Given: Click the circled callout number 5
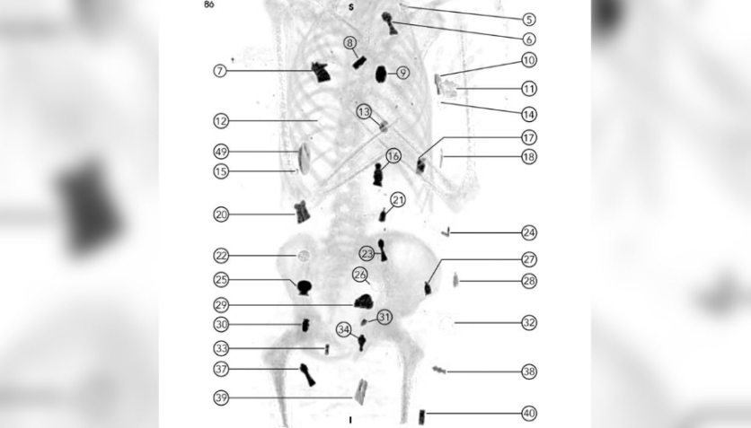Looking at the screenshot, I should tap(529, 19).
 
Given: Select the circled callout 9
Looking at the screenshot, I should tap(402, 73).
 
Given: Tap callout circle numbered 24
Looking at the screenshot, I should tap(529, 233).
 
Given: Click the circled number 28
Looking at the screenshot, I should tap(529, 282).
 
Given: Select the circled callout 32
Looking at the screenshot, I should tap(529, 322).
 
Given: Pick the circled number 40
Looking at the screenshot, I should tap(529, 414).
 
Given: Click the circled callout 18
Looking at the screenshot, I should tap(529, 157).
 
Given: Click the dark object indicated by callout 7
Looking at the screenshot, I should tap(319, 72).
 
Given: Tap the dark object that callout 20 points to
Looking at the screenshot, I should tap(302, 212).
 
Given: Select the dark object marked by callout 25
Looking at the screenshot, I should tap(305, 286).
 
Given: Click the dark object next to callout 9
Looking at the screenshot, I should tap(381, 73).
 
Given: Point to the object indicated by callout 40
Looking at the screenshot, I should tap(422, 415).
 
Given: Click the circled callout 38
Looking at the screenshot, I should tap(529, 371).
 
